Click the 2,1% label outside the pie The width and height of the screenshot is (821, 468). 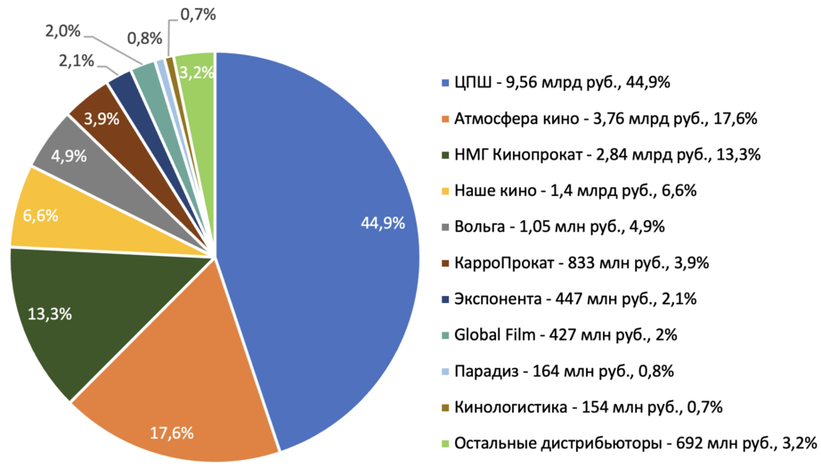pyautogui.click(x=77, y=61)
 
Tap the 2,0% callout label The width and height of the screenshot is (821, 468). pyautogui.click(x=62, y=31)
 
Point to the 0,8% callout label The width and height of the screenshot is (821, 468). pyautogui.click(x=144, y=38)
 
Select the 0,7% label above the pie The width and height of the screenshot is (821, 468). pyautogui.click(x=197, y=13)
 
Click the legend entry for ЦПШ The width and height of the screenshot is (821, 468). pyautogui.click(x=561, y=83)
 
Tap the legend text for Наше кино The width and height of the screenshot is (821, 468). pyautogui.click(x=574, y=191)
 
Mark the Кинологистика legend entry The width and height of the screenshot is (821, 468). pyautogui.click(x=588, y=407)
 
